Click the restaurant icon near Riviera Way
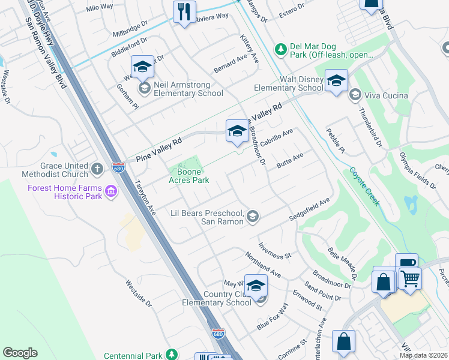[x=184, y=12]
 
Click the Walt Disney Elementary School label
[x=288, y=83]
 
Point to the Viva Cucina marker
[x=355, y=95]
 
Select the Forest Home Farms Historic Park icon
[x=111, y=191]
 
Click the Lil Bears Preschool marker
[x=253, y=217]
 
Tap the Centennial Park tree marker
[x=172, y=355]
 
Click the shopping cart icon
[x=410, y=277]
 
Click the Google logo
[x=20, y=353]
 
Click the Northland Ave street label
[x=263, y=264]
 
